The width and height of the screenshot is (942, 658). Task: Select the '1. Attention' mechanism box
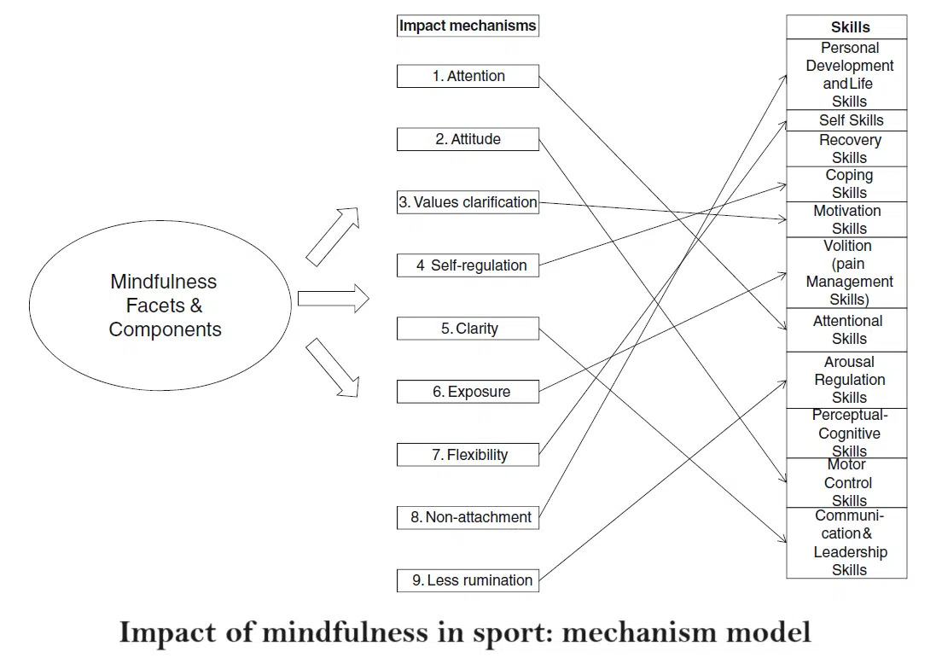468,76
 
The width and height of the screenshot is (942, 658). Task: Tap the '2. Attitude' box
468,139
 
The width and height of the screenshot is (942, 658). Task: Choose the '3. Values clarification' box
468,202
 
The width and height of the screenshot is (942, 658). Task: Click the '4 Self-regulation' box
468,265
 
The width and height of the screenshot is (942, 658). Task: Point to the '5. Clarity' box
468,329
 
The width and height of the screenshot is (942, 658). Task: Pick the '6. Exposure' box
468,392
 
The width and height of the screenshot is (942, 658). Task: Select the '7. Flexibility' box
468,455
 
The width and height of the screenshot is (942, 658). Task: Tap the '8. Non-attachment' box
468,517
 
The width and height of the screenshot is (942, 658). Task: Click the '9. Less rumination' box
468,580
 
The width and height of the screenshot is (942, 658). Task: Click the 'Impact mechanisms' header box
468,26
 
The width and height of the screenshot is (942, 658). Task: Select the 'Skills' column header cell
846,27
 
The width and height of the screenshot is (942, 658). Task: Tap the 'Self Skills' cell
846,120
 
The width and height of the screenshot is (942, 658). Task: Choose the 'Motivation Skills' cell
846,219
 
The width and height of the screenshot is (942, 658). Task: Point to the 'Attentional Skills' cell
846,329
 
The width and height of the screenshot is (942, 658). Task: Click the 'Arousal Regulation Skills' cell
846,380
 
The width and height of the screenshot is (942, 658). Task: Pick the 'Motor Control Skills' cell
846,483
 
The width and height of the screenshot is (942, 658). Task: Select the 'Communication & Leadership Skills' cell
846,543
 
